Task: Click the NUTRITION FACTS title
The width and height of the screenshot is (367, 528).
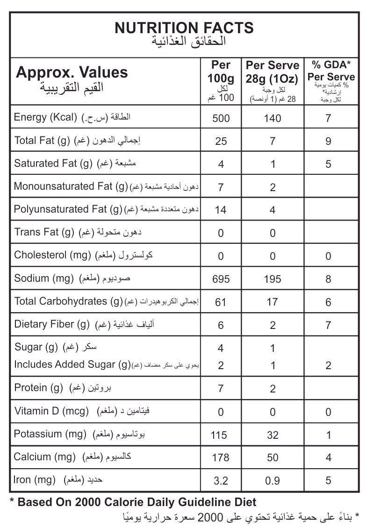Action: tap(184, 28)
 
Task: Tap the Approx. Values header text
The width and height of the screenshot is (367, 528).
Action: tap(72, 72)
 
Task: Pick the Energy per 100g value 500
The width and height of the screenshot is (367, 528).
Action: tap(221, 118)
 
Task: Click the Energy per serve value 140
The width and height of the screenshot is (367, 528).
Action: tap(272, 118)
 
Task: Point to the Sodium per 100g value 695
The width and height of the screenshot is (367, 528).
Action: tap(221, 279)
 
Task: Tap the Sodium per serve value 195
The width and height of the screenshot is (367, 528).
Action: tap(272, 279)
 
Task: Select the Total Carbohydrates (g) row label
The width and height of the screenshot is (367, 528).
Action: tap(68, 301)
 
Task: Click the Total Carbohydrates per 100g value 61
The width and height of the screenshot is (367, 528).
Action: tap(221, 302)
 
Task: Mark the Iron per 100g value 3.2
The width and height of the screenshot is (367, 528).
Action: tap(220, 480)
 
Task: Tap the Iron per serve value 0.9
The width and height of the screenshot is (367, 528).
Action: tap(273, 480)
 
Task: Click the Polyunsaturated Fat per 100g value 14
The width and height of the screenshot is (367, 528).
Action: tap(221, 210)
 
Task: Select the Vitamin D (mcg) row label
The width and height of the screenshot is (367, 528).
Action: tap(51, 411)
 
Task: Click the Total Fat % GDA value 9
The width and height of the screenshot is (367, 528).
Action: tap(328, 141)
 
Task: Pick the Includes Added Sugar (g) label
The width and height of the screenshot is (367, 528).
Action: tap(72, 364)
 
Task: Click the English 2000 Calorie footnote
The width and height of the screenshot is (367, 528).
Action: tap(133, 502)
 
